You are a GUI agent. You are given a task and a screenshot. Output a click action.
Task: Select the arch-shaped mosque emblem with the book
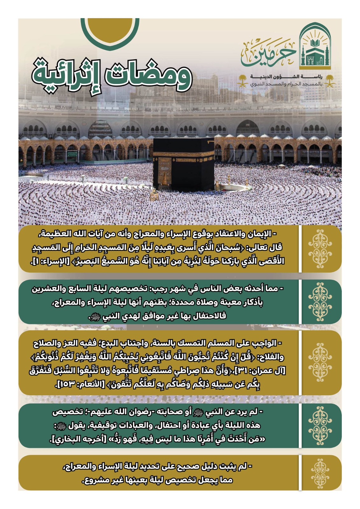(315, 48)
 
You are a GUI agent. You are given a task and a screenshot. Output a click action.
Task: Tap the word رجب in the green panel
(156, 289)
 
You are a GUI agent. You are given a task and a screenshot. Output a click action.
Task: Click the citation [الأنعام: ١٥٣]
(78, 384)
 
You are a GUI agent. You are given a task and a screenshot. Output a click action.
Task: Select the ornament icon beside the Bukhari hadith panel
(320, 426)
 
